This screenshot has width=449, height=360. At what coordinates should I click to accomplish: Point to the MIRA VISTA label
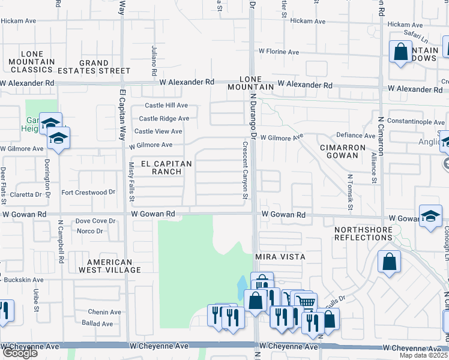click(x=280, y=257)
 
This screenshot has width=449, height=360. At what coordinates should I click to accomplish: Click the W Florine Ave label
click(x=279, y=52)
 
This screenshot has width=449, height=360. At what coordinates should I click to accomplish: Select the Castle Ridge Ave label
click(x=163, y=118)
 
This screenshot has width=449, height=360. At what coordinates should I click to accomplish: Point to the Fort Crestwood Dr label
click(x=88, y=193)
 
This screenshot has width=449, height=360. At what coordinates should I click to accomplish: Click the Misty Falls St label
click(x=132, y=182)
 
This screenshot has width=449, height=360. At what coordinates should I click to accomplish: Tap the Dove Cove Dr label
click(x=95, y=221)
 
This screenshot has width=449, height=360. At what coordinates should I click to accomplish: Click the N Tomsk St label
click(x=349, y=188)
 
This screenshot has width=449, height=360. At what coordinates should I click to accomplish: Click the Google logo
click(x=19, y=353)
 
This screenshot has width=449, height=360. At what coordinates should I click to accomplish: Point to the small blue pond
click(x=242, y=286)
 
